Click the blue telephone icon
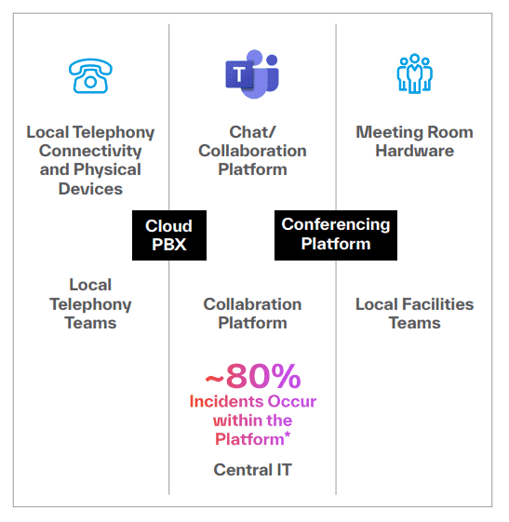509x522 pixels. tap(90, 76)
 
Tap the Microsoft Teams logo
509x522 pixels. tap(252, 74)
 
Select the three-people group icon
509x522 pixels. tap(414, 74)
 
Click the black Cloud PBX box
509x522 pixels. tap(169, 235)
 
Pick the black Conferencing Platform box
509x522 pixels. tap(336, 235)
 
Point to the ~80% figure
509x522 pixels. tap(253, 376)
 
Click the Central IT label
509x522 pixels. tap(253, 470)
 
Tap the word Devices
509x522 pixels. tap(90, 189)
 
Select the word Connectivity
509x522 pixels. tap(90, 151)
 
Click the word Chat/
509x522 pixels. tap(252, 132)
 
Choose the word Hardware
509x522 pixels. tap(415, 151)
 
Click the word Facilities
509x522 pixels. tap(437, 304)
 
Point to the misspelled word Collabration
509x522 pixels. tap(253, 304)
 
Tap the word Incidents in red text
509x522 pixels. tap(227, 401)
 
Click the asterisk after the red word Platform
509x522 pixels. tap(288, 435)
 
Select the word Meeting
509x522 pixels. tap(390, 132)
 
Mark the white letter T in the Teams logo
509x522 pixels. tap(239, 74)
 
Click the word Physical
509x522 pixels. tap(107, 169)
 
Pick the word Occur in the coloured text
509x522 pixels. tap(292, 401)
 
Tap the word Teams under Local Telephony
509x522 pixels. tap(90, 323)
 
